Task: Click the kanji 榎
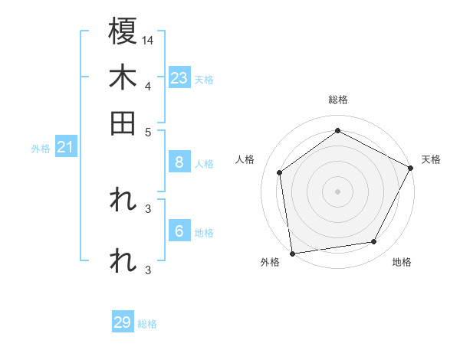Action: [x=123, y=32]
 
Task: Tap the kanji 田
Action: [x=123, y=123]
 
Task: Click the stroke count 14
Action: [x=148, y=39]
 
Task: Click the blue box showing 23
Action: [x=179, y=78]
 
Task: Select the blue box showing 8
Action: [x=179, y=162]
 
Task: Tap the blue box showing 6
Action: [x=179, y=231]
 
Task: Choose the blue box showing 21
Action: [x=64, y=148]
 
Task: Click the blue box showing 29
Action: [x=123, y=322]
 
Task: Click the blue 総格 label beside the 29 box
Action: [x=147, y=324]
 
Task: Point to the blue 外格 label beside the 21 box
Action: [x=41, y=149]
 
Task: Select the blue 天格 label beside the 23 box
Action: [x=204, y=80]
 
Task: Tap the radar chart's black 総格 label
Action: [x=337, y=100]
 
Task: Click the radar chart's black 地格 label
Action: [x=402, y=263]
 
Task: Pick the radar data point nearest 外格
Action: [x=292, y=253]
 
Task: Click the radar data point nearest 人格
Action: [x=280, y=172]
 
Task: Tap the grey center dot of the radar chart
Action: [x=337, y=191]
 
